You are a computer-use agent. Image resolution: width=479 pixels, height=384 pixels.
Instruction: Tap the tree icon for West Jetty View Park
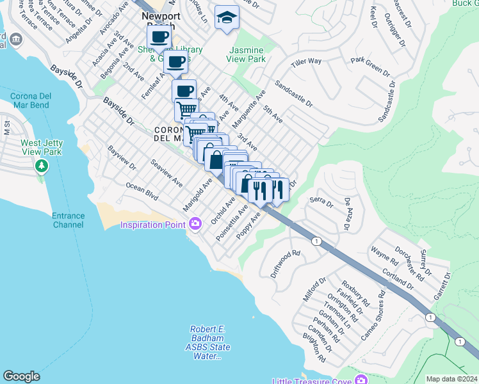click(42, 166)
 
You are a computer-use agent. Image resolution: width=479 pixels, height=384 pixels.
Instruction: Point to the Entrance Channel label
click(69, 221)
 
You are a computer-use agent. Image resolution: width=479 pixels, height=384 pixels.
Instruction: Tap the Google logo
click(21, 376)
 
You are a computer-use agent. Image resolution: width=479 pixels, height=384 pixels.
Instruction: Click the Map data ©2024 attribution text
click(451, 379)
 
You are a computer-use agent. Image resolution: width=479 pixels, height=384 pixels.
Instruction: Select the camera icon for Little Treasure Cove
click(362, 381)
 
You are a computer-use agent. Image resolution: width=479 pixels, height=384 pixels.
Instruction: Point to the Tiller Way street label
click(306, 61)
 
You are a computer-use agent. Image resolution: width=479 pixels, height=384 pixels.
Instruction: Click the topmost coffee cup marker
click(159, 37)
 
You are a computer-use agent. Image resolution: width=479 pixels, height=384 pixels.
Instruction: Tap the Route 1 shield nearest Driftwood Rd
click(316, 241)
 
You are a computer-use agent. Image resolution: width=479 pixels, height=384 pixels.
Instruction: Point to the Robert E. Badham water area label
click(207, 342)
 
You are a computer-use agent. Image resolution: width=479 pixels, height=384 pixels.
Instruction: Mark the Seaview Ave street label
click(166, 173)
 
